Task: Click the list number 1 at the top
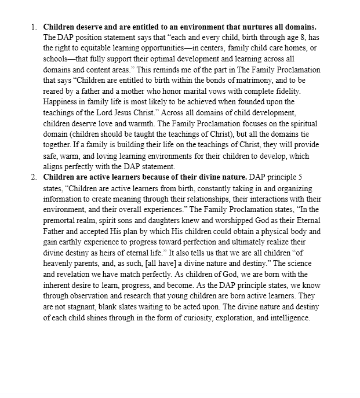click(33, 27)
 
